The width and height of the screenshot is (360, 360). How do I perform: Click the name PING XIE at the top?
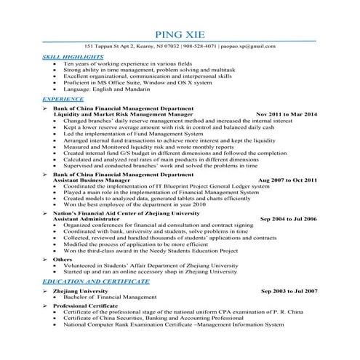[180, 35]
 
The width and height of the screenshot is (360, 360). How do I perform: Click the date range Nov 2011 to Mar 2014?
[286, 114]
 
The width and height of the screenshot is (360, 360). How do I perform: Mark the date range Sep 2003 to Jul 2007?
[289, 291]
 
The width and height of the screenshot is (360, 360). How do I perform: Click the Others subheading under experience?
[63, 259]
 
